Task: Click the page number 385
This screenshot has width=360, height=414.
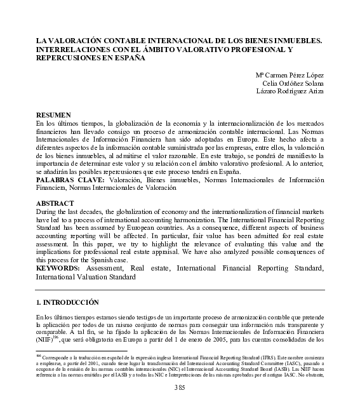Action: click(x=180, y=388)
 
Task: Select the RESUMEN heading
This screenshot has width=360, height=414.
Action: click(x=53, y=115)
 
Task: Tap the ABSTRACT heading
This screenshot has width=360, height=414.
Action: click(x=55, y=204)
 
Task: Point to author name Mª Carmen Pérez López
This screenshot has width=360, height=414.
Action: click(x=290, y=74)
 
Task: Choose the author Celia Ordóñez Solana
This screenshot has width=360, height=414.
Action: click(x=293, y=83)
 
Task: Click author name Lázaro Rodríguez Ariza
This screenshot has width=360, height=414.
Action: click(x=290, y=91)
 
